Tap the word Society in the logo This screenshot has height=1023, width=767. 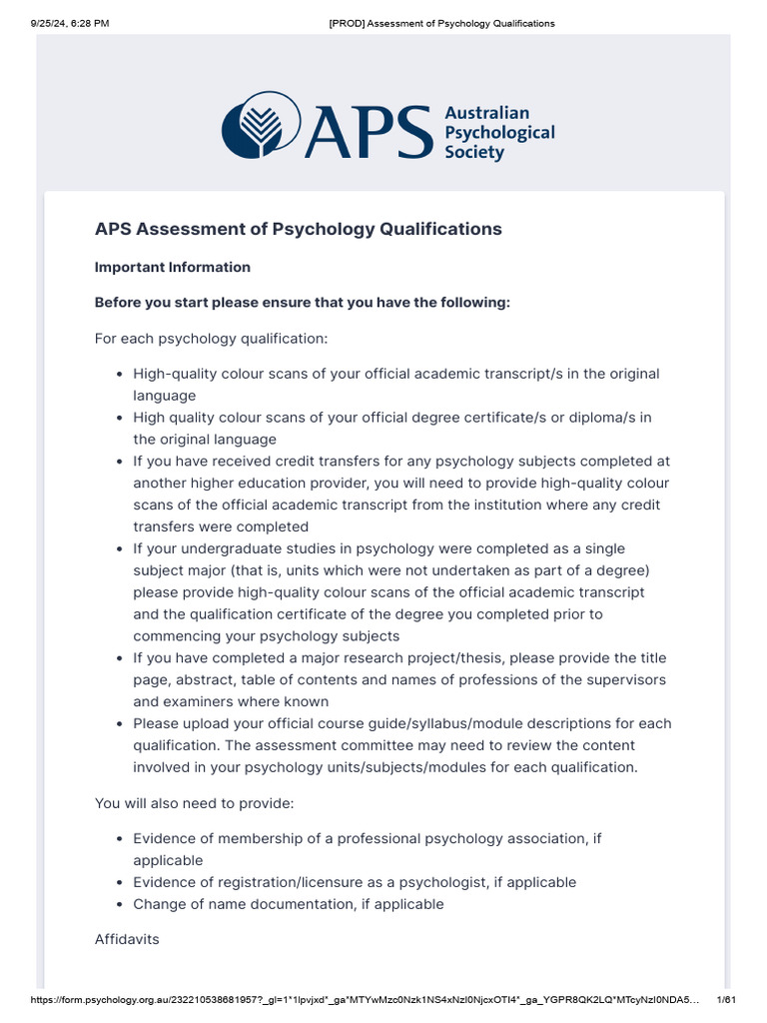[x=474, y=153]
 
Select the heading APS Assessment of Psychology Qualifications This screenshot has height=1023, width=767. [x=298, y=229]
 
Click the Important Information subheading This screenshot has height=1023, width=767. [x=172, y=267]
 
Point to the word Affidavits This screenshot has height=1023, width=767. [x=127, y=939]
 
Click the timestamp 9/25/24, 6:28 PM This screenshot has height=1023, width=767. [x=68, y=23]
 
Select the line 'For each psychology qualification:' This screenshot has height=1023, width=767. [x=211, y=338]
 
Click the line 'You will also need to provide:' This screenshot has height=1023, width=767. [x=195, y=802]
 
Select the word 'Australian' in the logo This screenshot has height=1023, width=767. [x=486, y=113]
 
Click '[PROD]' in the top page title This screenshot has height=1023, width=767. [x=346, y=23]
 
